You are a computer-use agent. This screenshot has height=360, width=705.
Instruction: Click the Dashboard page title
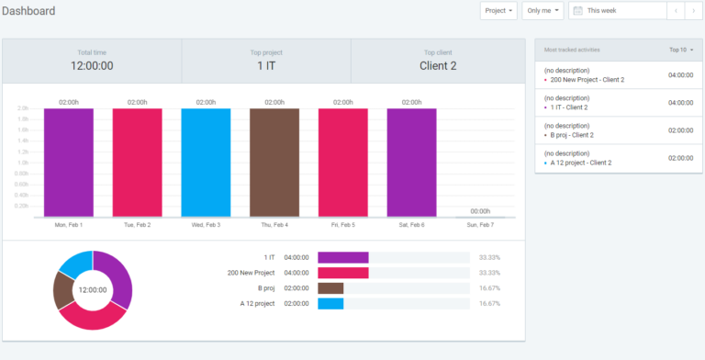(x=28, y=11)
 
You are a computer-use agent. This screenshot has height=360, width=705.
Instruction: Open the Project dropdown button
(x=498, y=11)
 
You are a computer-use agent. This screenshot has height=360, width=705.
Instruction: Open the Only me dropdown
(x=543, y=11)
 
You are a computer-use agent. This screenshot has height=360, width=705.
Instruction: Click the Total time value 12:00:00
(x=92, y=66)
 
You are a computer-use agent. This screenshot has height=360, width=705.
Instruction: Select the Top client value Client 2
(x=438, y=66)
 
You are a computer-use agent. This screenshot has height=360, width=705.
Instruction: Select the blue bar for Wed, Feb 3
(x=206, y=163)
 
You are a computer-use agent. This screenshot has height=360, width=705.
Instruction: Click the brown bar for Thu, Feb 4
(x=274, y=163)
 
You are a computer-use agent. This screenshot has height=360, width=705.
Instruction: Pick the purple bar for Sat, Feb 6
(x=411, y=163)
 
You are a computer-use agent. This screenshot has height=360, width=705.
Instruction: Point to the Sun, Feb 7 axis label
(x=480, y=224)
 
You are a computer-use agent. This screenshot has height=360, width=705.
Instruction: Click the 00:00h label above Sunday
(x=480, y=211)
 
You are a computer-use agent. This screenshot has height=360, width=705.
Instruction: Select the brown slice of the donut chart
(x=62, y=290)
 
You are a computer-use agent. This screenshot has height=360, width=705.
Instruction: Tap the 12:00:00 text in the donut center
(x=92, y=290)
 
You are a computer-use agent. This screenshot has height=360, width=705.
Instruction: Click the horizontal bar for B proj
(x=330, y=288)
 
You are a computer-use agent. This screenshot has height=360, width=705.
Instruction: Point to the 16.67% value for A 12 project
(x=489, y=303)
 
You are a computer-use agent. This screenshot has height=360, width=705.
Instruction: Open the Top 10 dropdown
(x=681, y=50)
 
